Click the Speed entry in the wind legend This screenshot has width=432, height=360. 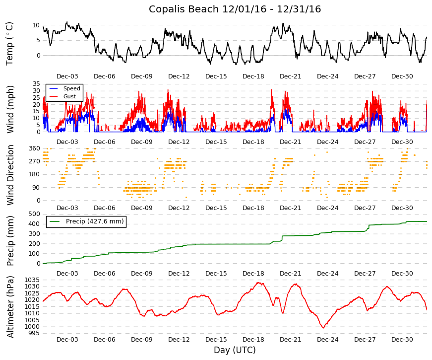(71, 88)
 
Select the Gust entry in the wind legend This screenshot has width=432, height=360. (69, 96)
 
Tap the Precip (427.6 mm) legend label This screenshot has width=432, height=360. (95, 221)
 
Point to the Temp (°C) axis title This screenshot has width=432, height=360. (9, 44)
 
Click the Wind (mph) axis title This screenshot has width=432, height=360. (10, 110)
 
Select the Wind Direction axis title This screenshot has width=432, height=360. (10, 175)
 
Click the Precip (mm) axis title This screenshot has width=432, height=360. (10, 241)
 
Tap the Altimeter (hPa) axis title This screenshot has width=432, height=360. (10, 307)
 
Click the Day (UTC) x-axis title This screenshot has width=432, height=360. (235, 350)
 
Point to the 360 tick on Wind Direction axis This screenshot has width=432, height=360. (34, 148)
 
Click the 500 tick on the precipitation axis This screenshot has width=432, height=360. (34, 214)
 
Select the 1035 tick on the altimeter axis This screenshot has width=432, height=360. (32, 280)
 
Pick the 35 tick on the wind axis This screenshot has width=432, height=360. (36, 84)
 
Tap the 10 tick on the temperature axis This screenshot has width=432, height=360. (36, 25)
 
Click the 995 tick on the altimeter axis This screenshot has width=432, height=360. (34, 333)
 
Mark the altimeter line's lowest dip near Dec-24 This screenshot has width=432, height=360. (323, 328)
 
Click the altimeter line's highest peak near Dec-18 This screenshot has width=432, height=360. (259, 283)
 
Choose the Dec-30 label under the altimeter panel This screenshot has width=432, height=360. (402, 340)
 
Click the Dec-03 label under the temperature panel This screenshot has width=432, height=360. (67, 76)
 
